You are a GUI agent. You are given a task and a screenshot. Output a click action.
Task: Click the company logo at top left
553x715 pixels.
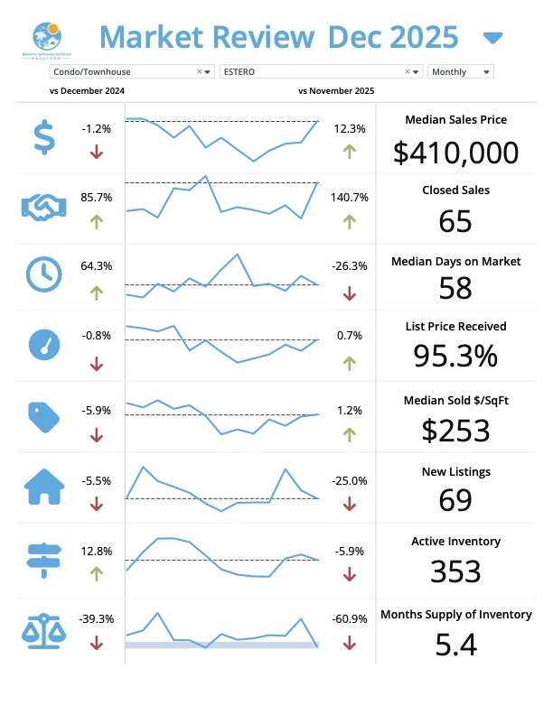point(46,40)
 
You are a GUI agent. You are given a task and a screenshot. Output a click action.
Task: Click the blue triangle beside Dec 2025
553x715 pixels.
point(492,38)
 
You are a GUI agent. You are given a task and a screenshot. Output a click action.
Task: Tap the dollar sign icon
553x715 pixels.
point(42,137)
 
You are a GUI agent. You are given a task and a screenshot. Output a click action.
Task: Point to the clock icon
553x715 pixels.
point(42,274)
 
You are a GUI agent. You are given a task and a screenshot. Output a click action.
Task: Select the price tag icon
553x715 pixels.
point(42,414)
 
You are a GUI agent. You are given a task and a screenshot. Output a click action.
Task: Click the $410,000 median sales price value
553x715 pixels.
point(455,153)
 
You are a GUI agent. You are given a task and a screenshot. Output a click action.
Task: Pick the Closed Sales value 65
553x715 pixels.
point(455,221)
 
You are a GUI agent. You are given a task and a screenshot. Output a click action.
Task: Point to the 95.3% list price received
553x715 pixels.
point(455,357)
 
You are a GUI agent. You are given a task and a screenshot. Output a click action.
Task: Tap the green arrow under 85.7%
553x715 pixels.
point(97,219)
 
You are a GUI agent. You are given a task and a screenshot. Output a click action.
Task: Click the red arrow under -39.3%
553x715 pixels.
point(97,643)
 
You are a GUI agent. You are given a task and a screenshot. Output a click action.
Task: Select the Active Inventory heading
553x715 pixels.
point(455,542)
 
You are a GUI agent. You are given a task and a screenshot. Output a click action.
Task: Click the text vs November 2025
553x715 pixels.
point(336,91)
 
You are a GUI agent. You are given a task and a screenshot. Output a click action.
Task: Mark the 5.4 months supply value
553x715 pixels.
point(455,645)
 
